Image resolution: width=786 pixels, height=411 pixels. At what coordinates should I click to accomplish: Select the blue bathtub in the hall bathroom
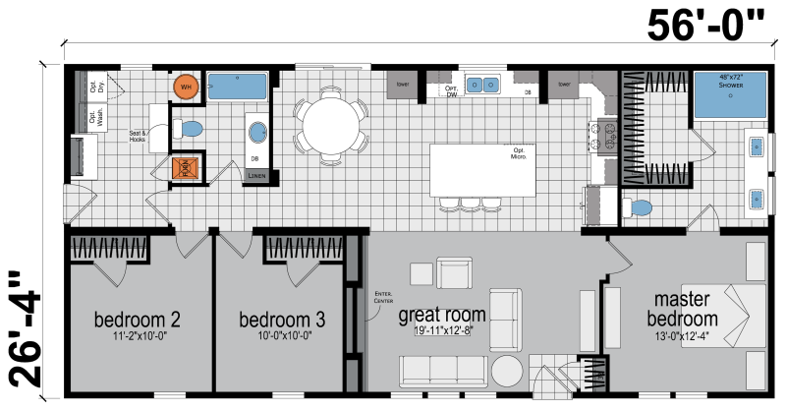tap(238, 86)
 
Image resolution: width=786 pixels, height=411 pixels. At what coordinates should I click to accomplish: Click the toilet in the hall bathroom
tap(189, 129)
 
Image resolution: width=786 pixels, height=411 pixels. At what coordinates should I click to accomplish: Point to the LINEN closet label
tap(256, 176)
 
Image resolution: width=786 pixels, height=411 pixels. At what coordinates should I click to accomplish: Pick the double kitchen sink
tap(480, 86)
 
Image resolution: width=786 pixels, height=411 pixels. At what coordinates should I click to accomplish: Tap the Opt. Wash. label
tap(95, 118)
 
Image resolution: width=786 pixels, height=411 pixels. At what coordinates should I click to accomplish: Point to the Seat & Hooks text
tap(137, 136)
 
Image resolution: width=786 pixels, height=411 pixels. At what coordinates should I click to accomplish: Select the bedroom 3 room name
tap(283, 320)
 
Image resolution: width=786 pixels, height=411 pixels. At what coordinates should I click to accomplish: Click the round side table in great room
tap(508, 373)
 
